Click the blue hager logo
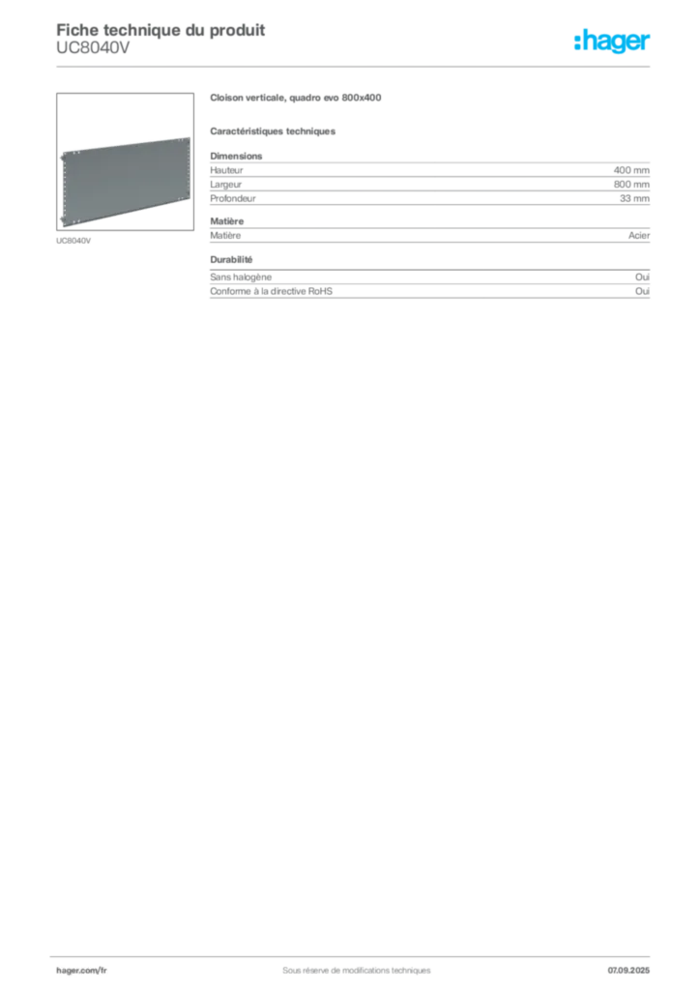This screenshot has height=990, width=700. point(613,42)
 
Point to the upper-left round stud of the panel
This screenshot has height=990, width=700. point(61,156)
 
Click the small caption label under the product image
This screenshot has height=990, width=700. point(73,241)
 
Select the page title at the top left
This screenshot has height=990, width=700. point(160,28)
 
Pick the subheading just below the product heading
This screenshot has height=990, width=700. point(275,130)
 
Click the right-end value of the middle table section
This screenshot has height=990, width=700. point(642,235)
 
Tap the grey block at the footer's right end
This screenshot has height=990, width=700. point(634,966)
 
